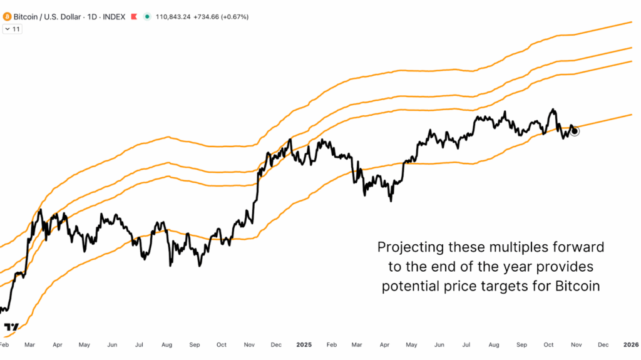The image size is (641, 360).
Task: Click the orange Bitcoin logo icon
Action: pyautogui.click(x=8, y=17)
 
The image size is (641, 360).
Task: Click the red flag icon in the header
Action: pyautogui.click(x=134, y=17)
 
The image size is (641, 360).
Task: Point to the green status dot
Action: pyautogui.click(x=147, y=17)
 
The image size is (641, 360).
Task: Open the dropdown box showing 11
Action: pyautogui.click(x=13, y=29)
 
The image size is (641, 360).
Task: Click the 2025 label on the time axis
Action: pyautogui.click(x=304, y=344)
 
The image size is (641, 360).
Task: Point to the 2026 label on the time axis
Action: pyautogui.click(x=630, y=344)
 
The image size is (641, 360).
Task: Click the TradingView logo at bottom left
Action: pyautogui.click(x=11, y=327)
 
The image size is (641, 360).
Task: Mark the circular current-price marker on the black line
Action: pyautogui.click(x=575, y=131)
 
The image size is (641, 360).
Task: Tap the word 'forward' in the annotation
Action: pyautogui.click(x=581, y=247)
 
